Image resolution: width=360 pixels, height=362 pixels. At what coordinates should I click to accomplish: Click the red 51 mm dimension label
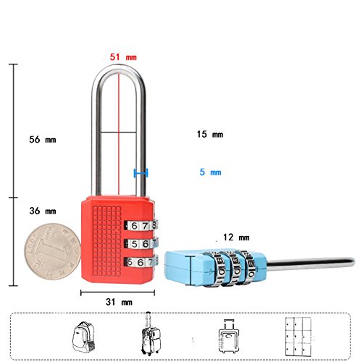point(123,57)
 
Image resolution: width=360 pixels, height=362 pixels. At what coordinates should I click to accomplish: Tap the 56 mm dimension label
point(43,140)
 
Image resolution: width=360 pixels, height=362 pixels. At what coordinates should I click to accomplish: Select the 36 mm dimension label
point(43,211)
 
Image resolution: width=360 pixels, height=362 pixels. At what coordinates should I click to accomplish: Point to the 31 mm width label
point(119,302)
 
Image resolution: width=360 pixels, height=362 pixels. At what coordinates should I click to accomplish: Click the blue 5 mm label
point(210,172)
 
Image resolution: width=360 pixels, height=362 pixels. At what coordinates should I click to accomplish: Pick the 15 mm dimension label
point(210,134)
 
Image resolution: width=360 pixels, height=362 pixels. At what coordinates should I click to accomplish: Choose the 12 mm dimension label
point(236,237)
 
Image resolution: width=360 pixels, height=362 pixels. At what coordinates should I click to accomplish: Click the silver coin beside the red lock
point(52,251)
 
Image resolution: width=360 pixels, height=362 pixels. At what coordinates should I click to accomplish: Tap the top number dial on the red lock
point(141,225)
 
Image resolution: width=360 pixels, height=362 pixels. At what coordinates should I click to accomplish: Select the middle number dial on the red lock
point(141,244)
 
